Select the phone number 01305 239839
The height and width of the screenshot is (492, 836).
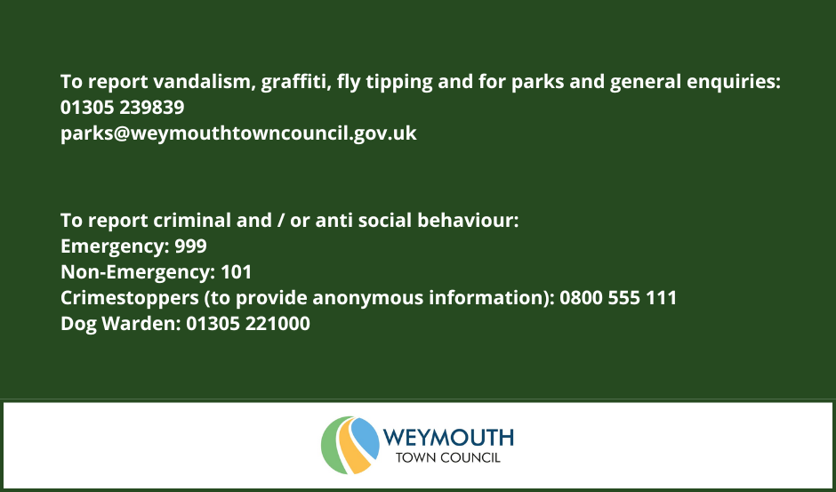(x=122, y=108)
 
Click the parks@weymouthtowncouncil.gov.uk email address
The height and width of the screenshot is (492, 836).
(x=238, y=133)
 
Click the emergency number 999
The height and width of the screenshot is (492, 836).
(x=191, y=246)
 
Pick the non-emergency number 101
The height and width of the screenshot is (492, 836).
(x=237, y=272)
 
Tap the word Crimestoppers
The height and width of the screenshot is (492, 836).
(x=130, y=298)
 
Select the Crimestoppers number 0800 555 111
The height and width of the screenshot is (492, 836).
(x=618, y=298)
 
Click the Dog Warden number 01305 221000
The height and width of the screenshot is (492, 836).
(x=248, y=323)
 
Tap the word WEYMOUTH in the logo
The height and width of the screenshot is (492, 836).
(x=448, y=438)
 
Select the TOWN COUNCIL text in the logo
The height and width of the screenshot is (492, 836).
(x=448, y=457)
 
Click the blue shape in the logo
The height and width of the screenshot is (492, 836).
(x=366, y=437)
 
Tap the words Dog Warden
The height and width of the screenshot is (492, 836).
(x=121, y=324)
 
